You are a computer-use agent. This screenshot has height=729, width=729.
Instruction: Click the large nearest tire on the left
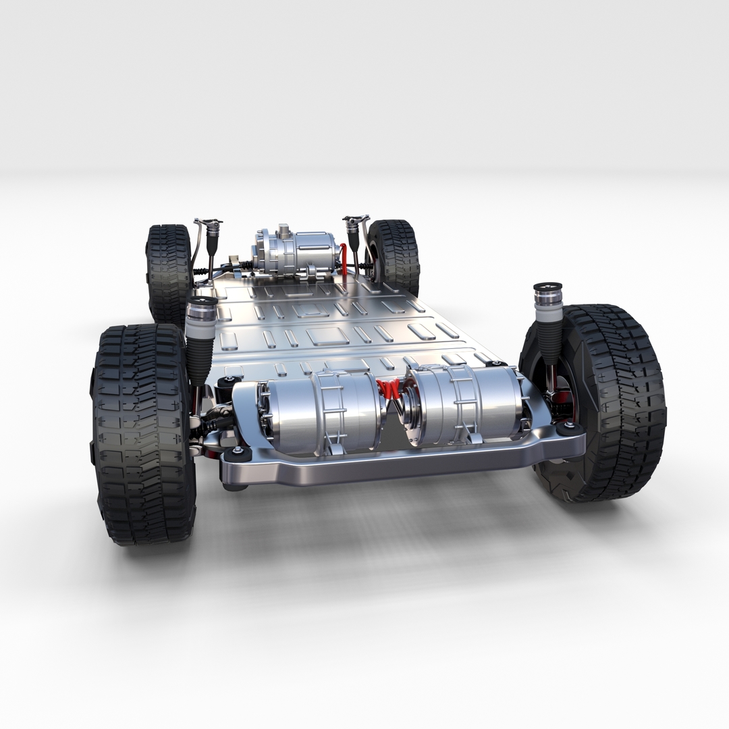(x=143, y=435)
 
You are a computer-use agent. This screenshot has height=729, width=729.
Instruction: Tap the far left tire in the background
(x=169, y=270)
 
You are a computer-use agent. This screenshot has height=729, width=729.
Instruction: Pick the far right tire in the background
(x=395, y=256)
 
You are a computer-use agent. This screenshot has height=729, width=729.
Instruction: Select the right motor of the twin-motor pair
(x=466, y=405)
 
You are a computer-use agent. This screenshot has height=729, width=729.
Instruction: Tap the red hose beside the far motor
(x=344, y=260)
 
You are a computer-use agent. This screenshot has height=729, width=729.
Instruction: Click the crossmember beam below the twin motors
(x=405, y=462)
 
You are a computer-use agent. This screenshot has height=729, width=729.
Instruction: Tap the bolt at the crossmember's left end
(x=237, y=451)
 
